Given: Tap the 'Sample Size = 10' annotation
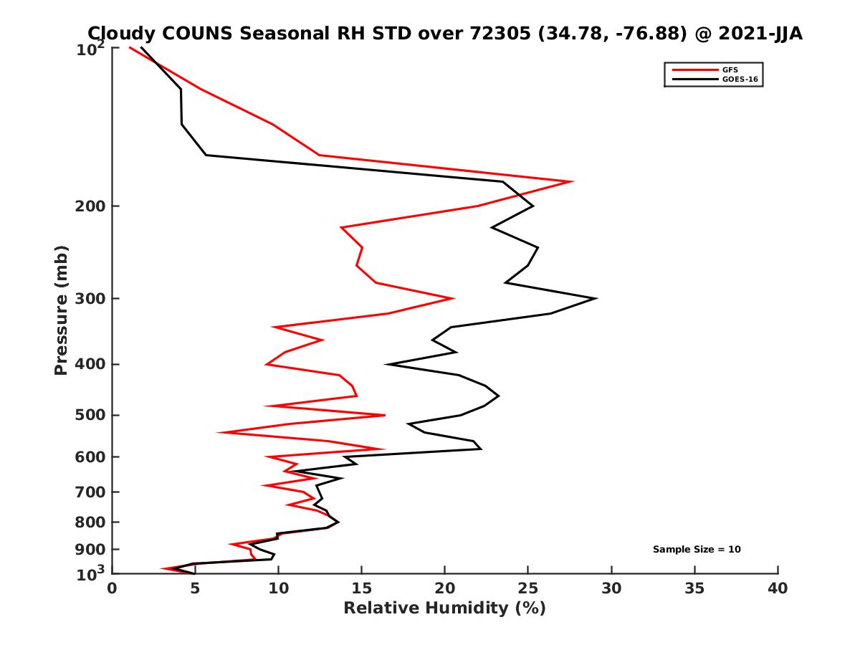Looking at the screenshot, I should point(697,550).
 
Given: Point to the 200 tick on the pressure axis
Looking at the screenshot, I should point(90,206).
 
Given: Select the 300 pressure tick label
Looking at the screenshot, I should point(90,298).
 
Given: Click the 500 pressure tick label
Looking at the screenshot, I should point(90,415).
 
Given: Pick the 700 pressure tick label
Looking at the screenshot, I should point(90,492).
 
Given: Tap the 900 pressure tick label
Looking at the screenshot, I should point(90,550).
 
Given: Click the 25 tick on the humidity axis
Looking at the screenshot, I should point(528,588).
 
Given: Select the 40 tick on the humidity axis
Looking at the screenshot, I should point(778,588).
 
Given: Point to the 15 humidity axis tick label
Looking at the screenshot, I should point(361,588).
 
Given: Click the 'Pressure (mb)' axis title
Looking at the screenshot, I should point(61,310).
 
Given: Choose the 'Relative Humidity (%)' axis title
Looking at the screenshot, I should point(444,608).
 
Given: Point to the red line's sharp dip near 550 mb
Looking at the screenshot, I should point(219,432).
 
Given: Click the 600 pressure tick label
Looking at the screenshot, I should point(90,457).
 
